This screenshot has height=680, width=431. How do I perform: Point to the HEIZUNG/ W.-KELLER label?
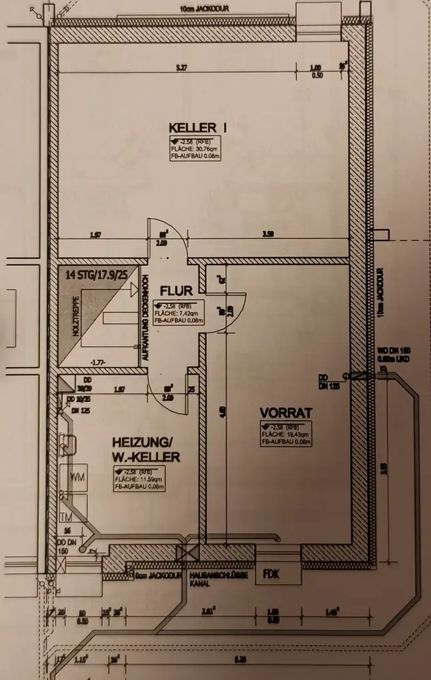[146, 450]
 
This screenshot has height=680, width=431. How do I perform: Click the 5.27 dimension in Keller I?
[180, 67]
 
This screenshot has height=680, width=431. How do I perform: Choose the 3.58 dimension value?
[268, 235]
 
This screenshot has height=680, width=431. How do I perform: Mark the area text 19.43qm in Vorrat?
[286, 433]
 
